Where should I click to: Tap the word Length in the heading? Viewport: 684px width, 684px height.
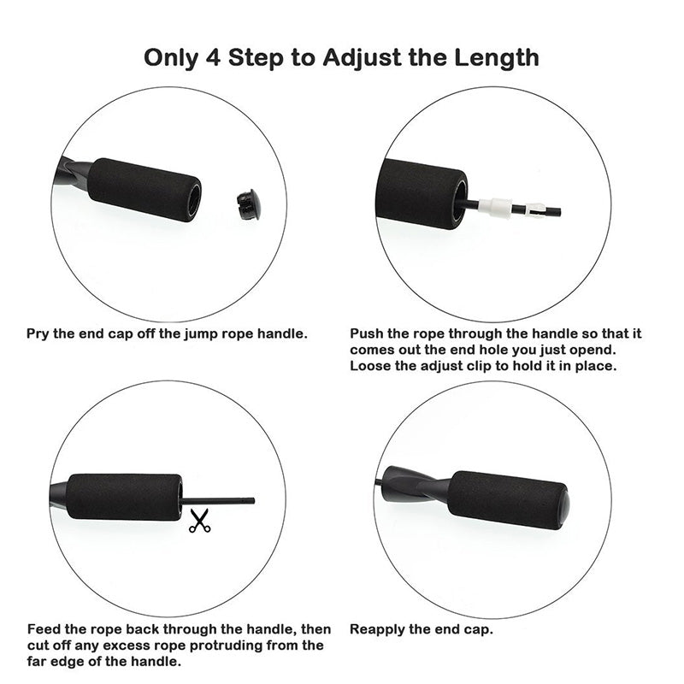(x=494, y=57)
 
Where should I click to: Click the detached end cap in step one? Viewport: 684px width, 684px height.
(x=248, y=203)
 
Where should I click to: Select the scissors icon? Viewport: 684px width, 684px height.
(x=199, y=521)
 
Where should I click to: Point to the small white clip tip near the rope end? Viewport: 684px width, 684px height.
(x=535, y=209)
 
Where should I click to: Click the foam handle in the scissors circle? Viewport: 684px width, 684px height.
(x=124, y=496)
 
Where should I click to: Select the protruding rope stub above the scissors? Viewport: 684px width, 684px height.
(x=218, y=501)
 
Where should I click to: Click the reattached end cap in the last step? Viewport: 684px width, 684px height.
(x=562, y=502)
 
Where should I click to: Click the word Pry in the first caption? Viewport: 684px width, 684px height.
(x=39, y=333)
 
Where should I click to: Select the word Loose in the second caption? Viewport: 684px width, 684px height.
(x=369, y=366)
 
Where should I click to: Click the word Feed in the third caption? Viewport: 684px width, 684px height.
(x=43, y=628)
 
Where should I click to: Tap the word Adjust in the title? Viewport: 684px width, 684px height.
(x=363, y=57)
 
